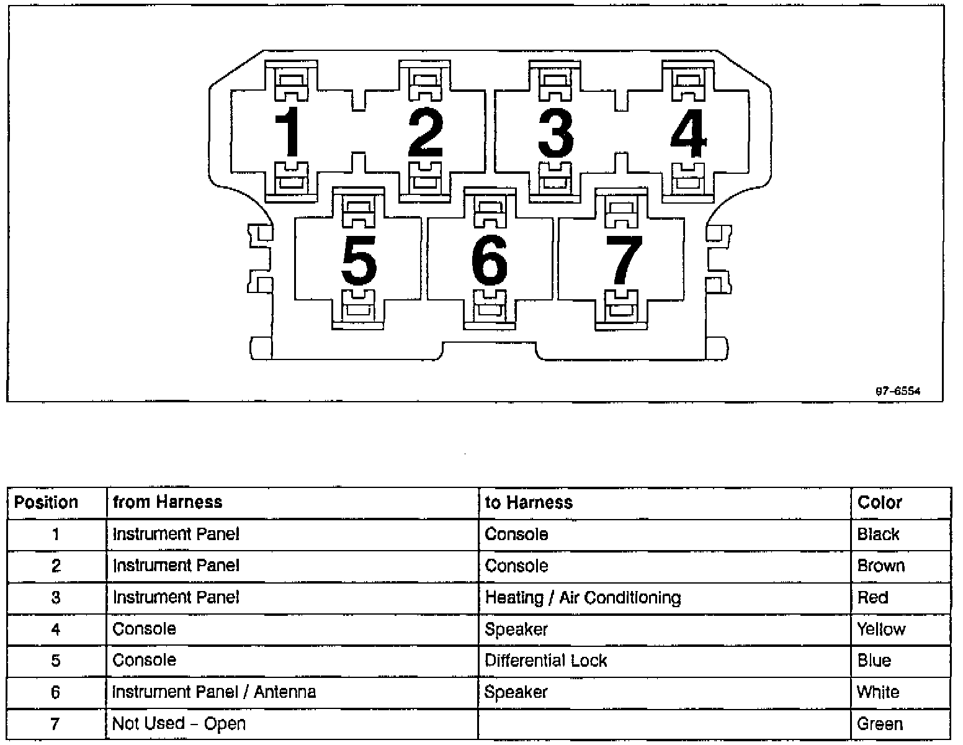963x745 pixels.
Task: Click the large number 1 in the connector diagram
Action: click(289, 132)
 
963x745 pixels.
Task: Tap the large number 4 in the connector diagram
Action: click(688, 133)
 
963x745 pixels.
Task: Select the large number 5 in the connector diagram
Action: click(359, 260)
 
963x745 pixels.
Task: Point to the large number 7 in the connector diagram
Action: click(624, 260)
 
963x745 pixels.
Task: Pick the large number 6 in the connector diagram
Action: click(490, 260)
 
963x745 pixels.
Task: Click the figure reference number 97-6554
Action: click(897, 391)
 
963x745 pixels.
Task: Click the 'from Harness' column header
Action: click(168, 502)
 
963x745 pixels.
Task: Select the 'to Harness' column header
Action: click(529, 502)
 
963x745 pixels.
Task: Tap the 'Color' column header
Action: click(879, 502)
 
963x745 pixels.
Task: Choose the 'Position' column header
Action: click(47, 502)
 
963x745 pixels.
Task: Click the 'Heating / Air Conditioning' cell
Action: click(583, 597)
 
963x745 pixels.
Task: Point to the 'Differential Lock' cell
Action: click(545, 660)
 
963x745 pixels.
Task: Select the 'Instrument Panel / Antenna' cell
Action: click(214, 692)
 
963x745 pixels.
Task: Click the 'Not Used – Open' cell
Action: click(179, 723)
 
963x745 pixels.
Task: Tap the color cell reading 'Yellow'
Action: click(881, 629)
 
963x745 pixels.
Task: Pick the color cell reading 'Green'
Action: click(879, 723)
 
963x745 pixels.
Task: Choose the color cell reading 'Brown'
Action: click(880, 566)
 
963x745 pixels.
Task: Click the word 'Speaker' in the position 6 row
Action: click(516, 692)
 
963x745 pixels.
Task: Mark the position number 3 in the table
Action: click(56, 597)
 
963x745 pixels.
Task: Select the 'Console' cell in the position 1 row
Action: click(516, 534)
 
